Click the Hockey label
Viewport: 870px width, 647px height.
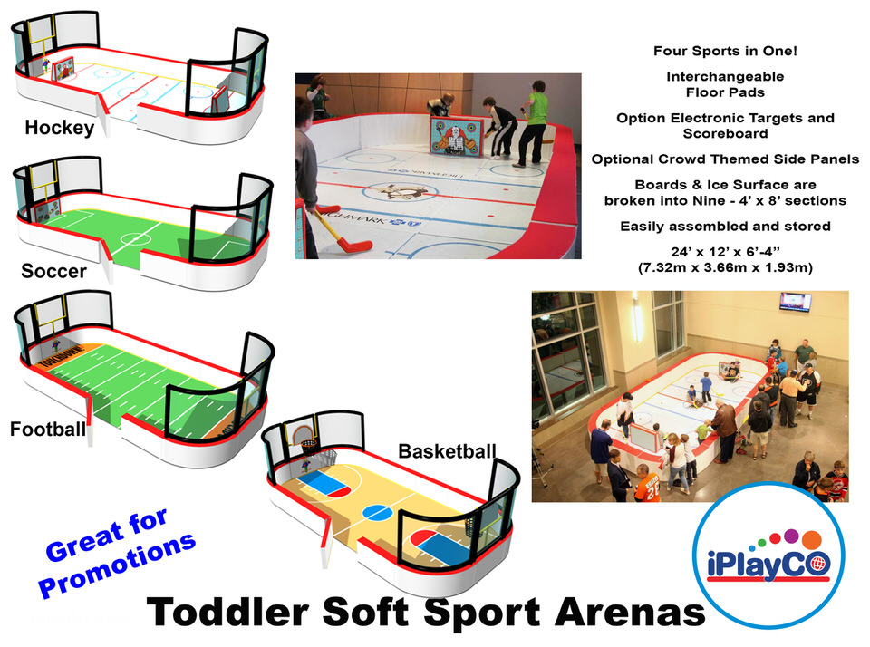pos(60,128)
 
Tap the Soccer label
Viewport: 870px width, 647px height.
pos(53,271)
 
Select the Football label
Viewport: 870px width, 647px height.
pos(48,429)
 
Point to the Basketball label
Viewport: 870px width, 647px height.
pos(447,451)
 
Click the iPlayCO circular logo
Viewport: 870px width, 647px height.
pos(769,555)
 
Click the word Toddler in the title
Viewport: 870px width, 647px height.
pos(227,612)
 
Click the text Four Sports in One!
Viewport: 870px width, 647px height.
pos(725,51)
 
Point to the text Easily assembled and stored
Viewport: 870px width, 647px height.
pos(725,227)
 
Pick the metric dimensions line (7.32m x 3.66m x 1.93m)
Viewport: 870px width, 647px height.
pos(725,268)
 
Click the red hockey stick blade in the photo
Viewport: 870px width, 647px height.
pos(355,245)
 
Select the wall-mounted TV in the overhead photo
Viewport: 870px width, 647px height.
pos(795,302)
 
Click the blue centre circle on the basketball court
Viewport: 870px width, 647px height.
pos(378,512)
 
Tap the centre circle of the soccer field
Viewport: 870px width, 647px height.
pos(135,240)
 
